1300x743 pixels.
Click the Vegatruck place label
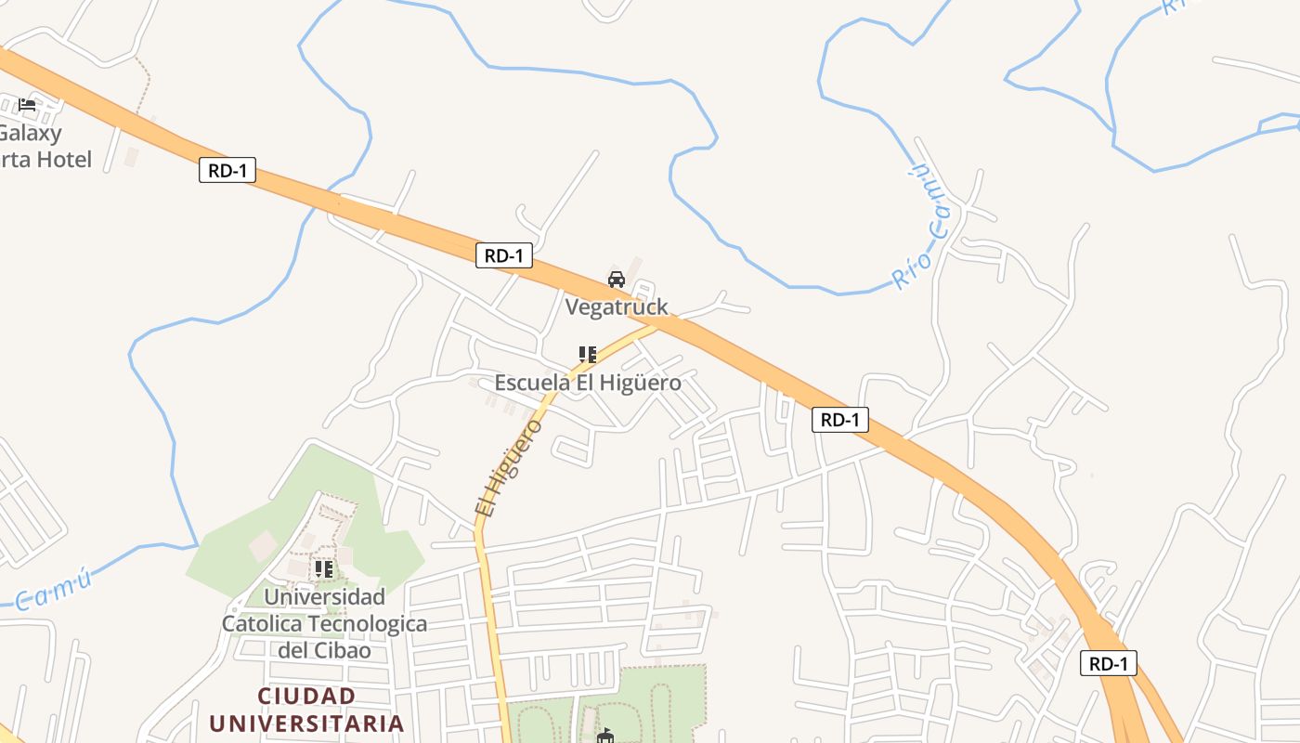point(617,307)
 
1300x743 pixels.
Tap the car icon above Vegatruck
point(617,280)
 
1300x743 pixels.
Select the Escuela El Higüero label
point(588,383)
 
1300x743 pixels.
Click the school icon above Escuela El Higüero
point(588,354)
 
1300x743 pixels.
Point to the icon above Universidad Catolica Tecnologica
point(324,568)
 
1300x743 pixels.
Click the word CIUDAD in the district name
point(306,697)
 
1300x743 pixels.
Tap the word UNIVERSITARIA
point(306,723)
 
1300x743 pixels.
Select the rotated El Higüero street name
point(507,467)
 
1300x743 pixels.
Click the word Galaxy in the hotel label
point(32,133)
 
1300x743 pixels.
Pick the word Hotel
point(64,160)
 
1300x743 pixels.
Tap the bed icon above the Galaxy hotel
point(27,104)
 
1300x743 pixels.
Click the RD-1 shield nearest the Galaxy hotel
point(227,171)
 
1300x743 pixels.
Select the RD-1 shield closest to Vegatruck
point(504,255)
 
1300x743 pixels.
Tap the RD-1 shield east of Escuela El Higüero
point(840,420)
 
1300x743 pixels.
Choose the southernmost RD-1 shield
point(1109,663)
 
